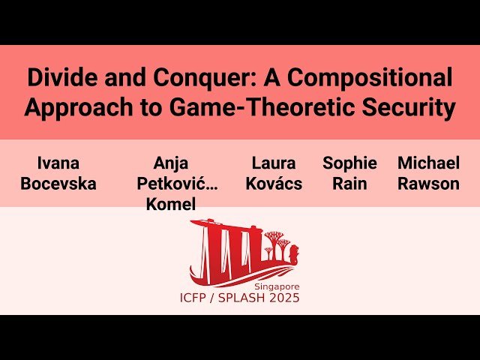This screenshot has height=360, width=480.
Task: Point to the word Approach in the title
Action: click(73, 108)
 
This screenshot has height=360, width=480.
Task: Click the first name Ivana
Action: click(58, 163)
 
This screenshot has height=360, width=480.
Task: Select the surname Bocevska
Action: click(58, 184)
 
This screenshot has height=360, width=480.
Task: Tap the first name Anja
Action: click(171, 163)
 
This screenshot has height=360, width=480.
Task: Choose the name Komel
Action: click(171, 204)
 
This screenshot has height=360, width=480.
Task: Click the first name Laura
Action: click(274, 163)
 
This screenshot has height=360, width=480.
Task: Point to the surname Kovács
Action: click(274, 184)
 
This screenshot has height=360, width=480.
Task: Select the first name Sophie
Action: click(349, 163)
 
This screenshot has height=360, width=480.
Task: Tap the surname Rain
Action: click(349, 184)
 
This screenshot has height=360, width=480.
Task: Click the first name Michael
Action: click(428, 163)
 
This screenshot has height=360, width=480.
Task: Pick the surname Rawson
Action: click(428, 184)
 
